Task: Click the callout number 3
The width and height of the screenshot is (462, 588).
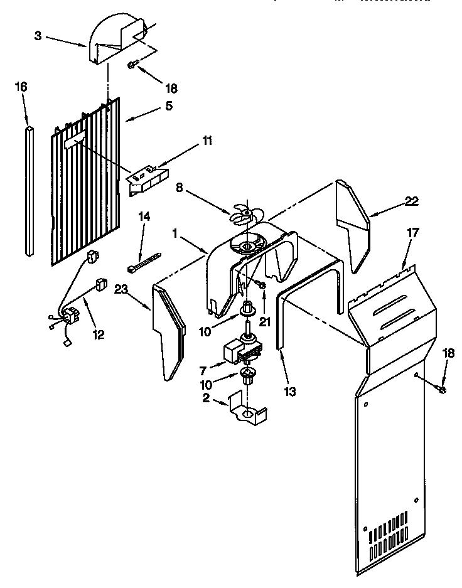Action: pos(38,36)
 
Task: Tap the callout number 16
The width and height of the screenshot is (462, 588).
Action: pos(21,87)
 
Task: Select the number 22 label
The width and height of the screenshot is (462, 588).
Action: pos(411,201)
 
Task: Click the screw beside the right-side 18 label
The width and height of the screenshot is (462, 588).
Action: pos(441,390)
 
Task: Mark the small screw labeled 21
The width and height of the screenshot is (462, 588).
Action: pos(262,286)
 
